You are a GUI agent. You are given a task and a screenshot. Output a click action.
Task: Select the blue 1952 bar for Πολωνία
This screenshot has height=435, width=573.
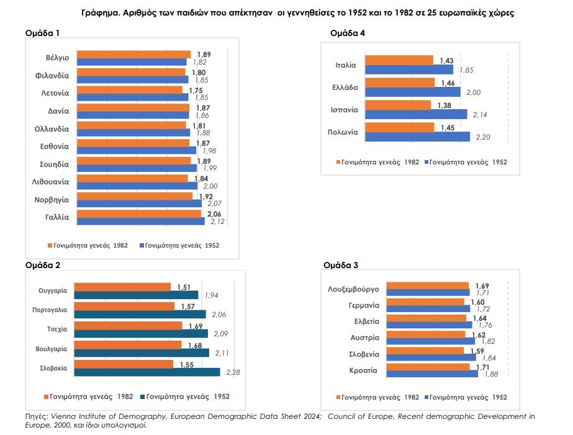(x=417, y=137)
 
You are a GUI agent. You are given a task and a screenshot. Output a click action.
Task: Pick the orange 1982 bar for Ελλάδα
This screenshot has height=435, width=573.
(x=400, y=83)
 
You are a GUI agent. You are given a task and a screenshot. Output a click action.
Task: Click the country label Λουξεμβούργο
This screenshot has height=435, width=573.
(x=353, y=289)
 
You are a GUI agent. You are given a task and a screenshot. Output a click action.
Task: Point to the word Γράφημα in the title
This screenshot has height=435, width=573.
(x=99, y=12)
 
